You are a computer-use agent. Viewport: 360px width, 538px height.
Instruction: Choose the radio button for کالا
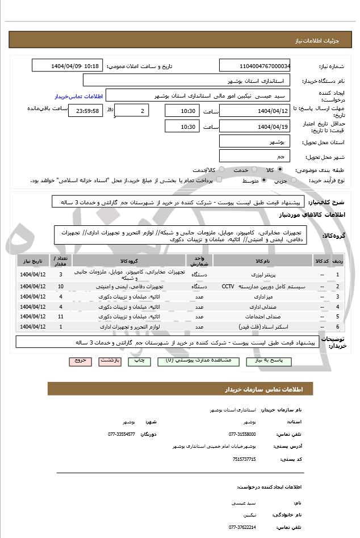click(295, 170)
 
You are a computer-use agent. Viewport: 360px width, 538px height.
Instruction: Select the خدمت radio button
click(256, 170)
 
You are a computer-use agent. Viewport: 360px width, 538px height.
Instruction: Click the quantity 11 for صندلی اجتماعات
click(61, 316)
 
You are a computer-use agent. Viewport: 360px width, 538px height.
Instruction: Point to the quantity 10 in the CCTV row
click(61, 287)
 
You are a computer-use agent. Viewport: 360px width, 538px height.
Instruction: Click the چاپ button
click(137, 360)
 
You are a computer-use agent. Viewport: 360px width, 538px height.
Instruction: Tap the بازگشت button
click(107, 360)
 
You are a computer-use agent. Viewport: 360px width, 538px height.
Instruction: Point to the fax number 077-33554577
click(122, 434)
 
